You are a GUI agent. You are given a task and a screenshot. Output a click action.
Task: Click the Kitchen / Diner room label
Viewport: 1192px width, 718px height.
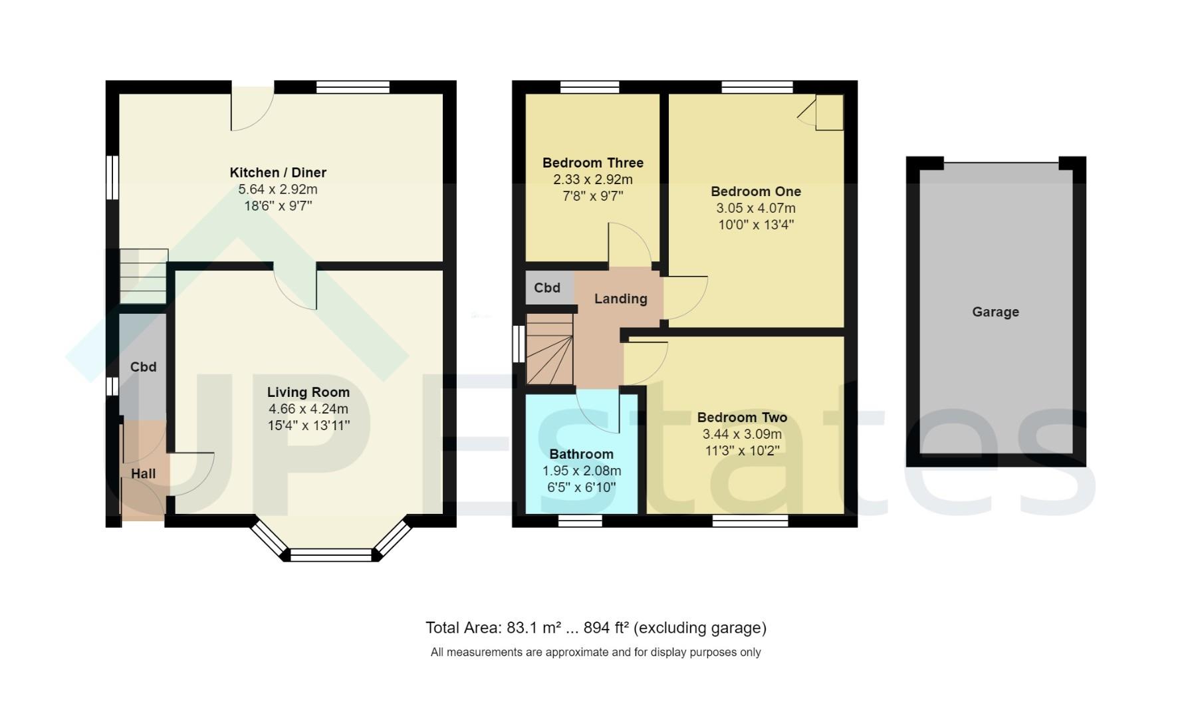point(278,173)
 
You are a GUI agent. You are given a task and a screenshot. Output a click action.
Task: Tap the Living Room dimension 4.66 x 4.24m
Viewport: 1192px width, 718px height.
point(308,410)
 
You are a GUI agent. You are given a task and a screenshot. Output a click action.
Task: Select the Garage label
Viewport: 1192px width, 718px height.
point(995,312)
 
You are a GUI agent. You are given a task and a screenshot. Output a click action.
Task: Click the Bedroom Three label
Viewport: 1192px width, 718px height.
point(592,163)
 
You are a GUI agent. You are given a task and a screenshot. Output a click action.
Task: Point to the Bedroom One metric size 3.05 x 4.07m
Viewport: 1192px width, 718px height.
point(755,208)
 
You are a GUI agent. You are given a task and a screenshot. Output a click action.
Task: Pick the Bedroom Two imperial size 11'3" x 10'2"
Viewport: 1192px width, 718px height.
point(742,451)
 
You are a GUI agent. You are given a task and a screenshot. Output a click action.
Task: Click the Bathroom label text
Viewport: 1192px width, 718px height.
point(581,455)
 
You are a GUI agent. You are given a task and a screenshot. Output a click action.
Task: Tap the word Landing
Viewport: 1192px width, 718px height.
point(620,299)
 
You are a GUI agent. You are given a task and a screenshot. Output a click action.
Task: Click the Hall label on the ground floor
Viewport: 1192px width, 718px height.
point(143,474)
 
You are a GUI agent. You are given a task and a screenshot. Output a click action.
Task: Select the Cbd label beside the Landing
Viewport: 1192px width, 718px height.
point(547,288)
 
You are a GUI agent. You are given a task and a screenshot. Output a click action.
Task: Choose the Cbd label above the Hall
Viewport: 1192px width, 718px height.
point(143,367)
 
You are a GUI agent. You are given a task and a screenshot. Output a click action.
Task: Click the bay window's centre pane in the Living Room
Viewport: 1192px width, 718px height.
point(331,555)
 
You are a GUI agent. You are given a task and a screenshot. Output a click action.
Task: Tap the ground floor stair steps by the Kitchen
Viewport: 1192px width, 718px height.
point(143,276)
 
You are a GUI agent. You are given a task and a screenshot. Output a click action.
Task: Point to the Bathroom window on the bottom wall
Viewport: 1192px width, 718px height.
point(580,521)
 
